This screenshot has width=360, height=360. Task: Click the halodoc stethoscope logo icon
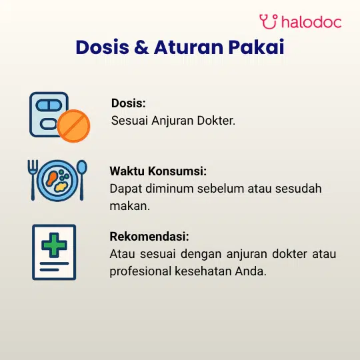269,21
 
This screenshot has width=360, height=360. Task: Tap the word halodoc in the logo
311,22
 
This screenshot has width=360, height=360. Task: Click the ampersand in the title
141,47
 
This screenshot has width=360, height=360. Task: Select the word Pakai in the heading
256,47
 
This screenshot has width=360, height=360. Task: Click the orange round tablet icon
73,126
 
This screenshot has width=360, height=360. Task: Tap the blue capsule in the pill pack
49,105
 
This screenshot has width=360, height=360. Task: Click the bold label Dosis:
129,103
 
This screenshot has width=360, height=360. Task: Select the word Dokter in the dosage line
216,121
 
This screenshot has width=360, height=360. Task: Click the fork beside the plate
33,180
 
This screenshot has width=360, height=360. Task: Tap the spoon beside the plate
82,180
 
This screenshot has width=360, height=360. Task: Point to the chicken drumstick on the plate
51,178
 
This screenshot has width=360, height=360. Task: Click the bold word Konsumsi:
177,171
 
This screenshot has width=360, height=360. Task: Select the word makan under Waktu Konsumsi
129,206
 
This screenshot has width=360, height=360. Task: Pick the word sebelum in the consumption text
221,189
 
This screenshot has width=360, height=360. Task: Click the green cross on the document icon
54,245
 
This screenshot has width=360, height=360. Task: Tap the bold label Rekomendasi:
149,237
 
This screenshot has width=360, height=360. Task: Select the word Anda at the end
251,271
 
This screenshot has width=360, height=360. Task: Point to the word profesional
141,272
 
